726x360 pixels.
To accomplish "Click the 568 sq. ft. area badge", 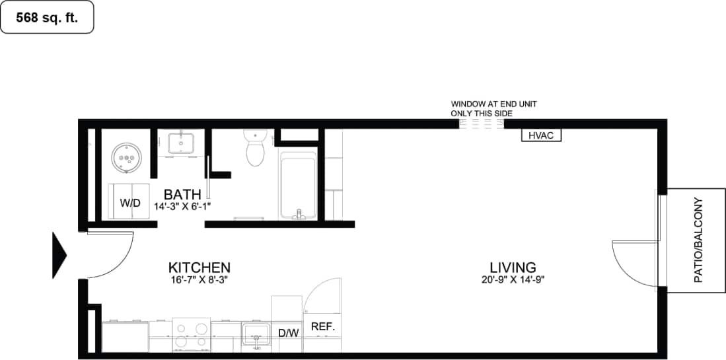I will (x=47, y=18).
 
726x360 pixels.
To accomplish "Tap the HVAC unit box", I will (x=542, y=136).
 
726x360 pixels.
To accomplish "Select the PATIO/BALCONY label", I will (x=698, y=240).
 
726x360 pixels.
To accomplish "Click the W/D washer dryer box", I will (x=130, y=203).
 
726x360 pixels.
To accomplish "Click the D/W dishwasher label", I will (x=288, y=333).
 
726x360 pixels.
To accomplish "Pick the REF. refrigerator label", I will (x=323, y=326).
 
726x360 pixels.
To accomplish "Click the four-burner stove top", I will (x=192, y=334).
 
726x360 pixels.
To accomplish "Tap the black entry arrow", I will (x=59, y=254).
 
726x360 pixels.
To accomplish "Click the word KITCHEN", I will (x=200, y=268).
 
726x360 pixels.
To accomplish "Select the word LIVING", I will (x=513, y=268).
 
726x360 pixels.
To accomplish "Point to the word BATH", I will (x=182, y=195).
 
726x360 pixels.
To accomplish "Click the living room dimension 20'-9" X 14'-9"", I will (x=513, y=279).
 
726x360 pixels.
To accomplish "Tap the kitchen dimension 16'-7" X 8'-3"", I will (x=200, y=279).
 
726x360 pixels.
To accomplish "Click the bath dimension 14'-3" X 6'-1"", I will (x=182, y=206).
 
